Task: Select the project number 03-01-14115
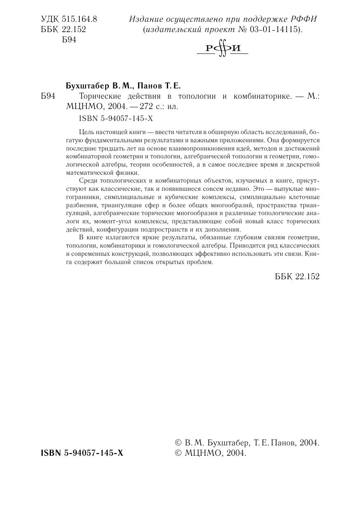coord(275,30)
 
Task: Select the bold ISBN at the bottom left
coord(82,453)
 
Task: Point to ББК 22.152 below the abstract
coord(297,277)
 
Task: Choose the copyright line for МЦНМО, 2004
coord(210,453)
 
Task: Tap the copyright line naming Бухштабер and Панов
coord(247,443)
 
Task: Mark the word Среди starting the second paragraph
coord(87,181)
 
